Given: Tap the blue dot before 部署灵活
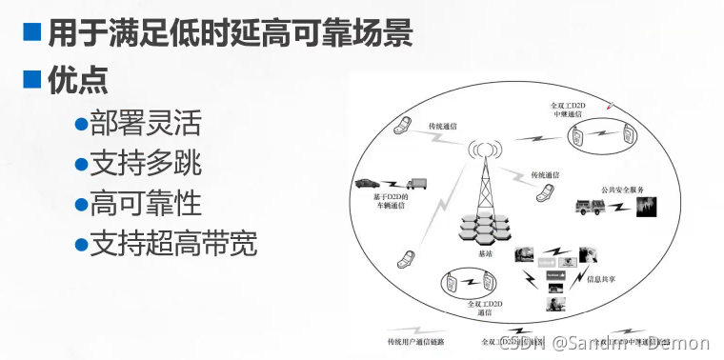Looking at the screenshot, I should [81, 124].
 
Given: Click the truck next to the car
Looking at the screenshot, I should [417, 184].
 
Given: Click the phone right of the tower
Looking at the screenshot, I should [546, 191].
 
